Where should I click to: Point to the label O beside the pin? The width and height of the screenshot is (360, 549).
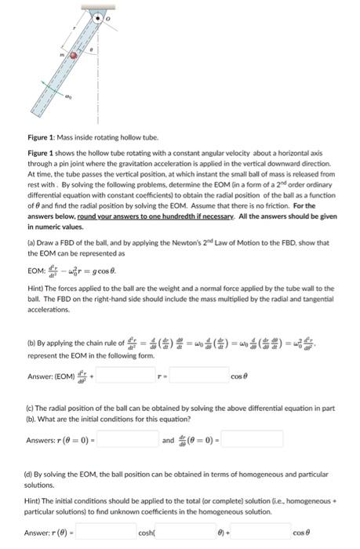(x=110, y=17)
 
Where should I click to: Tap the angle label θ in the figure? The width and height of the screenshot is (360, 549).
(x=93, y=49)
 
